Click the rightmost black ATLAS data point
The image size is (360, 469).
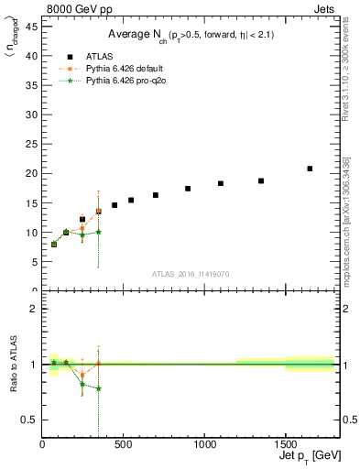pos(310,169)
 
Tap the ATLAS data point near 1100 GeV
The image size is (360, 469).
pos(221,183)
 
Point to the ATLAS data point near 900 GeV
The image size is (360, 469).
pos(188,189)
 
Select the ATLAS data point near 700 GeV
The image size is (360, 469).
pos(156,195)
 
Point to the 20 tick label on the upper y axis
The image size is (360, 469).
pos(32,173)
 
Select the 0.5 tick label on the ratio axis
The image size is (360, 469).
pos(30,420)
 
